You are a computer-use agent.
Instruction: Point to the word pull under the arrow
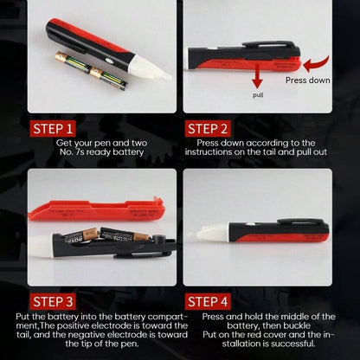pos(258,97)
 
